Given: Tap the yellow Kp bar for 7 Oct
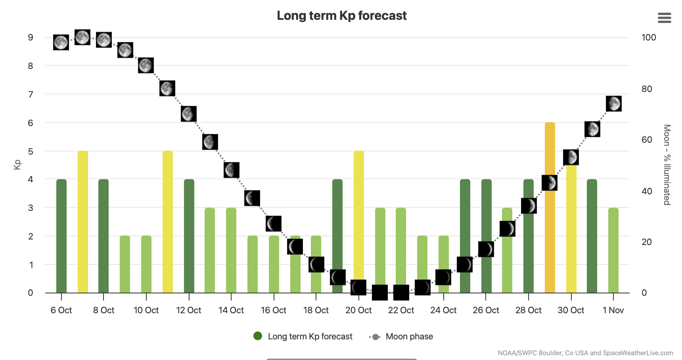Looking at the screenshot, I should pos(82,222).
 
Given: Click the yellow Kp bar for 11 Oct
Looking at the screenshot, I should pos(167,222).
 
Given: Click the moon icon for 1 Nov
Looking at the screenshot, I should pos(613,103).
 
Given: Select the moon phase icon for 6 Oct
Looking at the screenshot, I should pos(61,42).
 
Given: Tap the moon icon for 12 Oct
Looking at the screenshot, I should pos(189,114).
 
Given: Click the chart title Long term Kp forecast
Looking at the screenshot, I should pos(341,15).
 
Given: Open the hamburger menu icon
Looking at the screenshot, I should pos(664,18).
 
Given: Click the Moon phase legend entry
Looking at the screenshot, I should pos(409,337).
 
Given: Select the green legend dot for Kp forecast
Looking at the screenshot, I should pos(258,336).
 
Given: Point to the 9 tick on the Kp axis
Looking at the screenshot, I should pos(31,38).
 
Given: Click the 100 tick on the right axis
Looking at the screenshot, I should pos(649,37).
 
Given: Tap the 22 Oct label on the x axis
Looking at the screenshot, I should pos(401,310).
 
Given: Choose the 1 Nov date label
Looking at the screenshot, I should pos(613,310).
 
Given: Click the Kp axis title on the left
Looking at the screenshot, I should pos(17,165).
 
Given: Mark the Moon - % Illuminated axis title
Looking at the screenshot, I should pos(667,165).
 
